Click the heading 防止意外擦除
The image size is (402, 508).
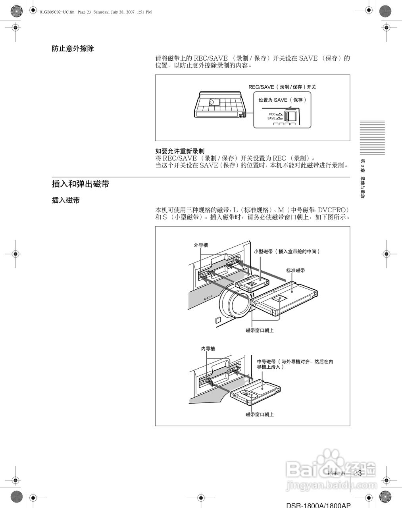click(73, 49)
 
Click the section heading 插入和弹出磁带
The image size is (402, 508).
click(80, 184)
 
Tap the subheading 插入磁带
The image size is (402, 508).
click(65, 200)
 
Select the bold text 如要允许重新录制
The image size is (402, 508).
click(180, 151)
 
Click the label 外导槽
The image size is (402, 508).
click(201, 245)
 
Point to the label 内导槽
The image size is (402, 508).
click(208, 349)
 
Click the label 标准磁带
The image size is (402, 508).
click(295, 271)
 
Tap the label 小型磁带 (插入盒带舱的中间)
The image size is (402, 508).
click(287, 252)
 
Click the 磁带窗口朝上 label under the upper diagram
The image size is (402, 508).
click(260, 330)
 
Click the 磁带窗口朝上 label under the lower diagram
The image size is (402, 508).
click(260, 415)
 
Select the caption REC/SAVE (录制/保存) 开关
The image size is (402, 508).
click(282, 87)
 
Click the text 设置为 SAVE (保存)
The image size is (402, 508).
click(282, 100)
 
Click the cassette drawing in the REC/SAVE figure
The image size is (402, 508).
click(221, 106)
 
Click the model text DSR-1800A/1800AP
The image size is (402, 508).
click(319, 505)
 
